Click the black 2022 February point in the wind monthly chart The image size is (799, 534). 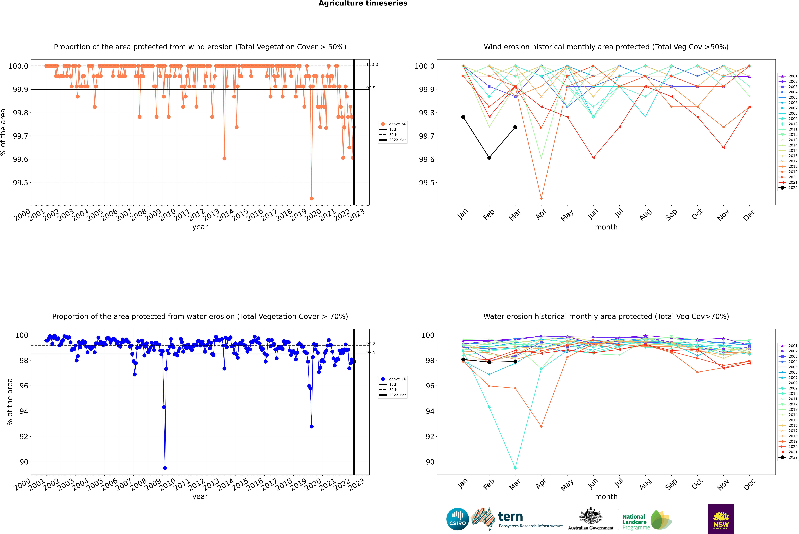tap(489, 158)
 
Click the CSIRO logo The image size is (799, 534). tap(457, 519)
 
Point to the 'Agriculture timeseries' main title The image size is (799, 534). tap(363, 3)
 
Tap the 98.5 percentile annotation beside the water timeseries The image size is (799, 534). tap(371, 352)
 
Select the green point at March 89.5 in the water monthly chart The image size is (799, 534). tap(515, 468)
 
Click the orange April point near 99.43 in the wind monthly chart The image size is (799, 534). tap(541, 198)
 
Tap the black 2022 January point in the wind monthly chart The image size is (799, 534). tap(463, 117)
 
